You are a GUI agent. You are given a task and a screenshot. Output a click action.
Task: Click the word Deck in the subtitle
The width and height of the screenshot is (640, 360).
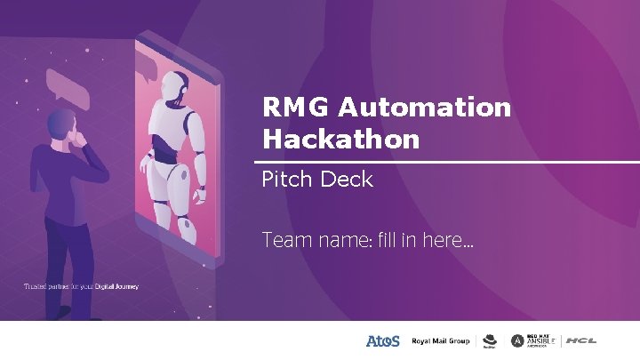pos(345,180)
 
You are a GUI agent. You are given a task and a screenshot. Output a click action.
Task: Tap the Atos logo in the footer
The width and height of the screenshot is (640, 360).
pos(383,340)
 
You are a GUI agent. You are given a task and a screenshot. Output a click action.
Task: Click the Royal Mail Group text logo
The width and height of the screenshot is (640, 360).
pos(439,340)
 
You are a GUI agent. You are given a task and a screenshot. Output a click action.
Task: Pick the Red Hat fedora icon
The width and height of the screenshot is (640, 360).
pos(489,340)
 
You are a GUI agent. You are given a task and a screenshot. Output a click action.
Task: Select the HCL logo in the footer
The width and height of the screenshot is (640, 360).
pos(581,340)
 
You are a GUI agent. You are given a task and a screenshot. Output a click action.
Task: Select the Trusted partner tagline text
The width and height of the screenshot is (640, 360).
pos(81,286)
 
